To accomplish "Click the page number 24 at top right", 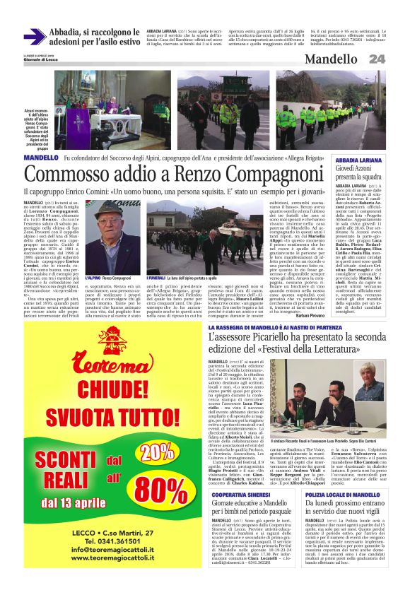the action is pyautogui.click(x=377, y=59).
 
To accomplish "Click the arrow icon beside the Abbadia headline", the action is pyautogui.click(x=34, y=37).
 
